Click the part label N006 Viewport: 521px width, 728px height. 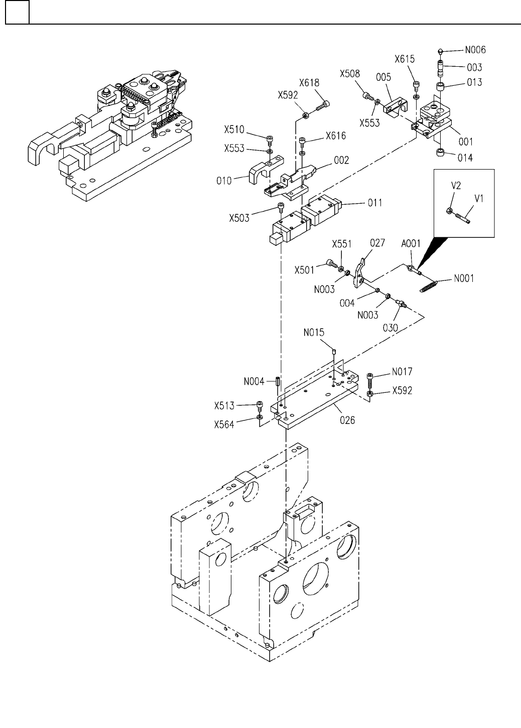[x=475, y=50]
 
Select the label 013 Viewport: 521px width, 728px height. [x=474, y=82]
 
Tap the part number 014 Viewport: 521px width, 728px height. [x=465, y=158]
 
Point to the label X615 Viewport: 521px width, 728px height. [x=405, y=59]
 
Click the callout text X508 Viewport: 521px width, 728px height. [x=350, y=74]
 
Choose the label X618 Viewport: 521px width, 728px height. [x=309, y=83]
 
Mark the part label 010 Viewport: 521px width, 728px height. [x=224, y=181]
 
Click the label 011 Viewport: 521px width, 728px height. [x=375, y=203]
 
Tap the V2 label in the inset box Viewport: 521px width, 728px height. [x=456, y=186]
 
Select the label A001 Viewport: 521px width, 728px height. [x=411, y=243]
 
